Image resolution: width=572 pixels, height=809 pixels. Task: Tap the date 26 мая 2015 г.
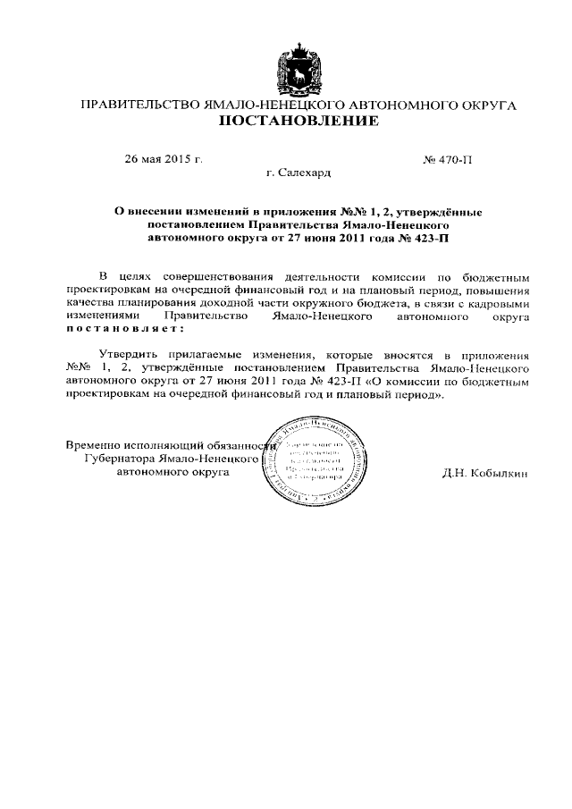tap(164, 160)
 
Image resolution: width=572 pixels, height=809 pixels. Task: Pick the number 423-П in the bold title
tap(430, 239)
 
